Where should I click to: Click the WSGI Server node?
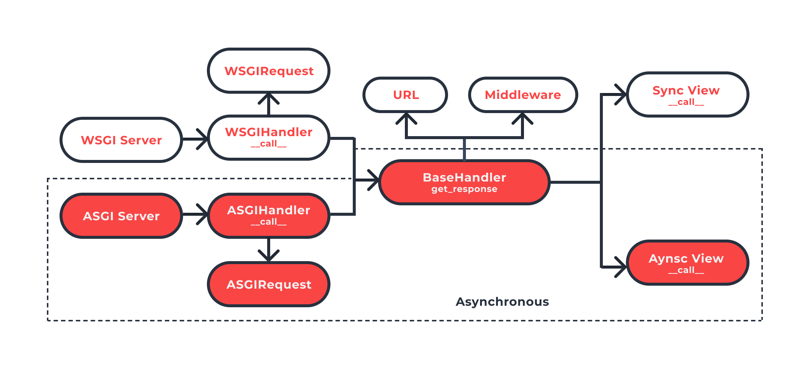tap(121, 140)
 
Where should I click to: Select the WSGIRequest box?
tap(269, 71)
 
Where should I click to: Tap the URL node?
tap(405, 95)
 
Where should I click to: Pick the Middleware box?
tap(523, 95)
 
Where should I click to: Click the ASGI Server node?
tap(121, 216)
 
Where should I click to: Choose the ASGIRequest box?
tap(269, 285)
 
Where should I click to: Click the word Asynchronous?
tap(502, 302)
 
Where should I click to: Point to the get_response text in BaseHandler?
tap(464, 189)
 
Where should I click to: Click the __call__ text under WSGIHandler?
tap(269, 144)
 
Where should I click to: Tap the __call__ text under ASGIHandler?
tap(269, 222)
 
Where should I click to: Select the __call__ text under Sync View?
tap(686, 102)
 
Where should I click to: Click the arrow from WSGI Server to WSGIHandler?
tap(195, 139)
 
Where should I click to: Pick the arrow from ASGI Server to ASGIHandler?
tap(195, 214)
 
